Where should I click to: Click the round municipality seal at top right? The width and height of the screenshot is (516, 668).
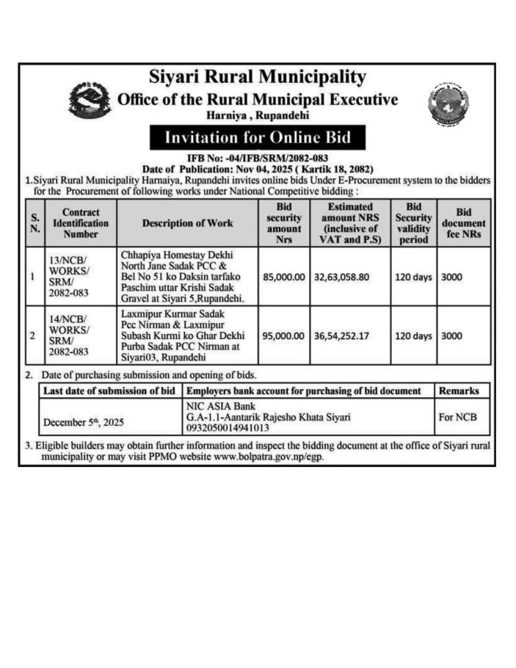(x=448, y=104)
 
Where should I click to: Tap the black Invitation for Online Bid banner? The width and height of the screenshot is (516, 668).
(x=256, y=137)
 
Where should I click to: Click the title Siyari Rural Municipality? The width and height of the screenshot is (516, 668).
(x=257, y=76)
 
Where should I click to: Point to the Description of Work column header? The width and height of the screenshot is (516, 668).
(x=187, y=222)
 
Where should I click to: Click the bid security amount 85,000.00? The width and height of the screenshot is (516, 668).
(x=283, y=278)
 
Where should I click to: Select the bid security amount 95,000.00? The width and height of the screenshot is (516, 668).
(x=283, y=335)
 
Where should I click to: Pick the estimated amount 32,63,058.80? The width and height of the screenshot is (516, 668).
(x=348, y=278)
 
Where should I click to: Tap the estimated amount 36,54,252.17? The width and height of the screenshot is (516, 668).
(x=348, y=335)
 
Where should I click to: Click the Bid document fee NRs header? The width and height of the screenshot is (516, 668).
(x=463, y=222)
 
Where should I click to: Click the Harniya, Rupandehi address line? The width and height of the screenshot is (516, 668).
(x=257, y=115)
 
